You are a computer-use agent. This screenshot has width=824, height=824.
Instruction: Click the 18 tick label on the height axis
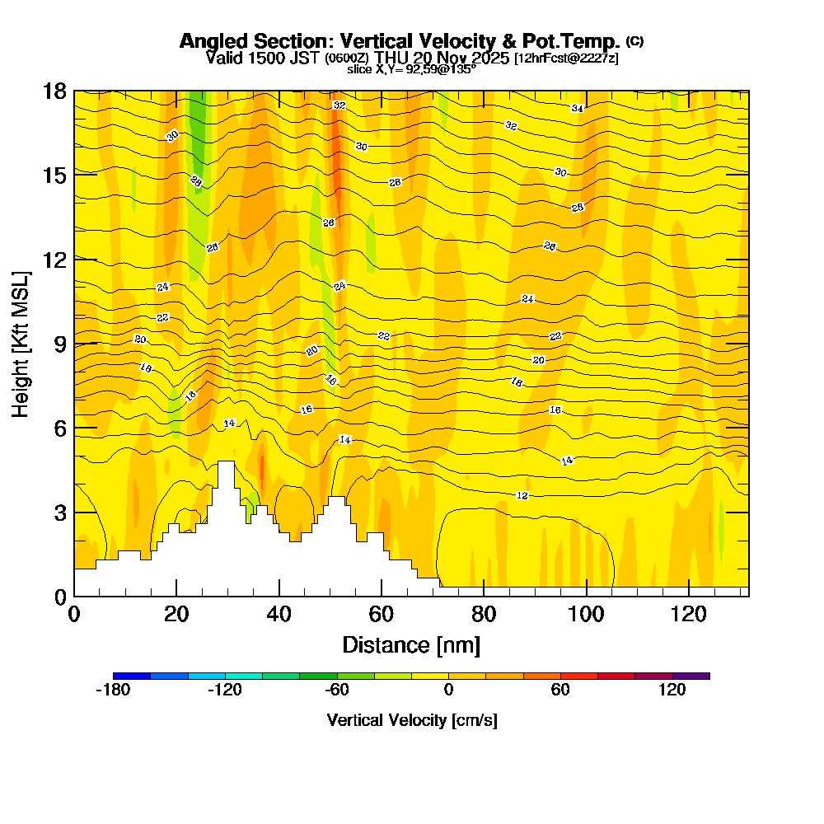tap(54, 91)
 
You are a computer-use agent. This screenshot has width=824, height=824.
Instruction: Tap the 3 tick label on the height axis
tap(59, 513)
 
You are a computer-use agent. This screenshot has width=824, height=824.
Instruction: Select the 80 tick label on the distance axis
tap(484, 614)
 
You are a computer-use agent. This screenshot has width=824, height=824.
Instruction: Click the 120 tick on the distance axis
tap(688, 595)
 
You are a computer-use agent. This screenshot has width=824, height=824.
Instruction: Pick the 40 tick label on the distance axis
tap(279, 614)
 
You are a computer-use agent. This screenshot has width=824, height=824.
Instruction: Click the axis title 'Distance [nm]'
tap(411, 644)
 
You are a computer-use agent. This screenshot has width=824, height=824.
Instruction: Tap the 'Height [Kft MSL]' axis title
tap(21, 343)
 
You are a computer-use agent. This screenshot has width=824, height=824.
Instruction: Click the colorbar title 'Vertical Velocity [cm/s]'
tap(412, 720)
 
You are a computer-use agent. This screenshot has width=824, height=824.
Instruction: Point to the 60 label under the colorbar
tap(560, 691)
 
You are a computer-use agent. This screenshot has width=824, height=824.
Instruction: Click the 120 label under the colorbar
tap(672, 691)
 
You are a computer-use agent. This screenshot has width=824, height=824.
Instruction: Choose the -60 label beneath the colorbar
tap(336, 691)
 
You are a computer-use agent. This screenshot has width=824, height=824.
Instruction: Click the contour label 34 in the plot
tap(578, 109)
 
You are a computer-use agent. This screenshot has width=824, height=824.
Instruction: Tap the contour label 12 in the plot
tap(522, 495)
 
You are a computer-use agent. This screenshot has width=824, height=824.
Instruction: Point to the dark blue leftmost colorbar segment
tap(132, 676)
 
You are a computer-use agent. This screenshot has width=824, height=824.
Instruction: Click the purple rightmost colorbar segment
tap(691, 676)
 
